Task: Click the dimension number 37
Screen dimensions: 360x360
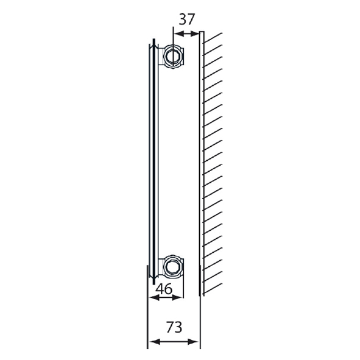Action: pos(186,19)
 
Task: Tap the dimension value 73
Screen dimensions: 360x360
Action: pos(174,327)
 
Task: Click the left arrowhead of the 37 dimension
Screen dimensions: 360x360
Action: pos(177,34)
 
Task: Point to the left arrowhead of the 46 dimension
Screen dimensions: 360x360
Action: pos(152,298)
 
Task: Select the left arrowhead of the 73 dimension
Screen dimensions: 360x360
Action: pos(152,342)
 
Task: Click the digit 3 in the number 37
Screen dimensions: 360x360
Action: pos(182,19)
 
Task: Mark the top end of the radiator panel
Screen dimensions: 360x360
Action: pos(151,42)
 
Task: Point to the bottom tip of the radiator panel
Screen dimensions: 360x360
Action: pos(150,281)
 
